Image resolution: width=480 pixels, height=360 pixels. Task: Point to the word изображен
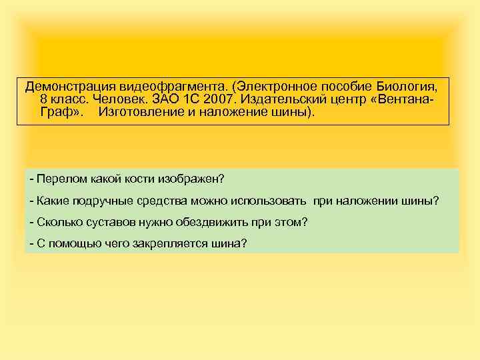pyautogui.click(x=195, y=179)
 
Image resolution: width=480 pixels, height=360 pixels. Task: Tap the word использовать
pyautogui.click(x=268, y=201)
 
